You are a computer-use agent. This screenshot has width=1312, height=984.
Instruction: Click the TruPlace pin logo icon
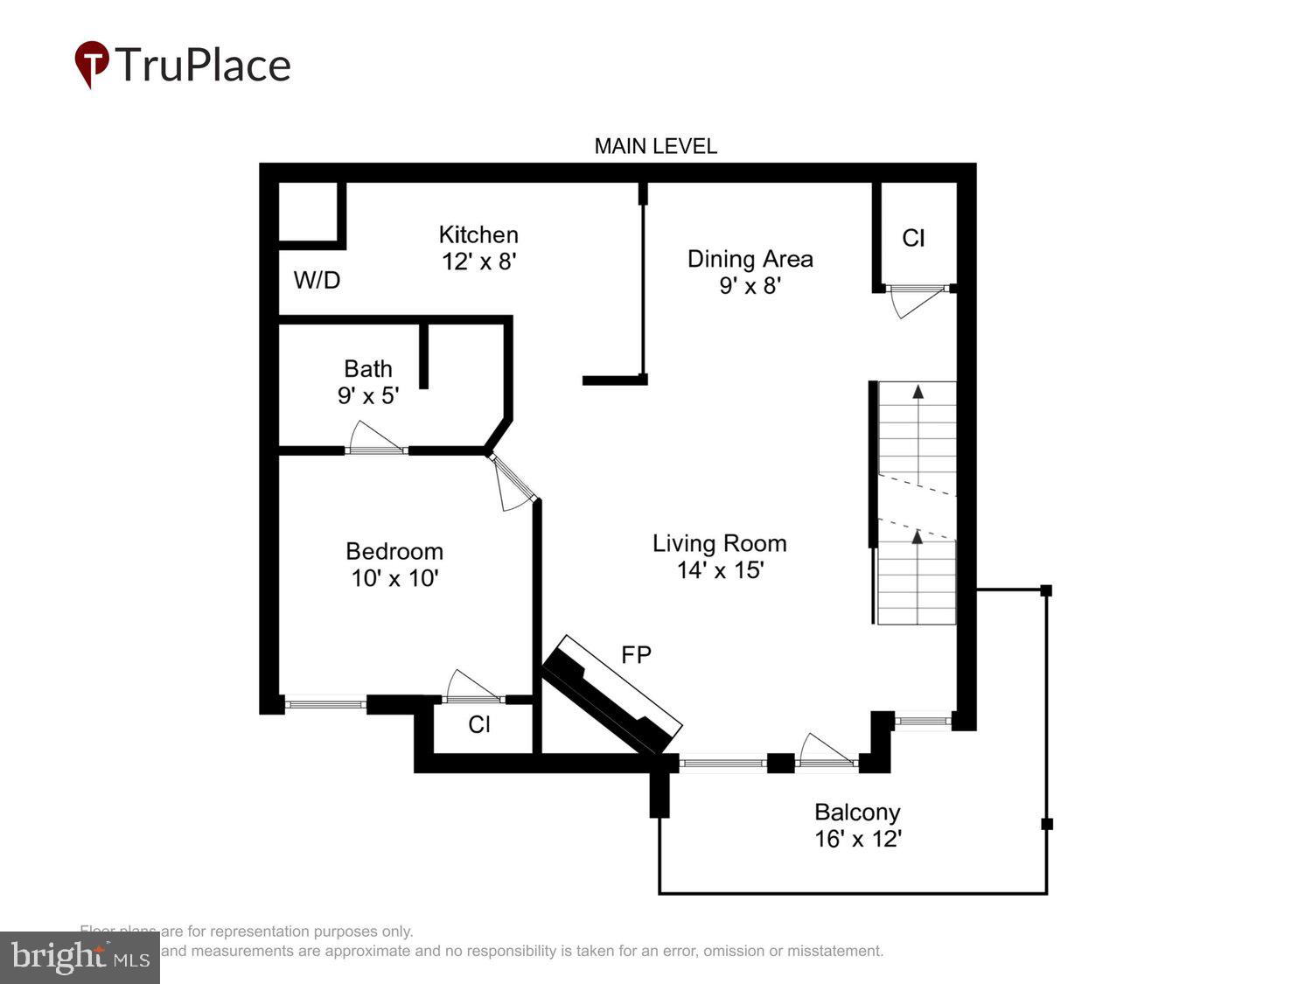92,64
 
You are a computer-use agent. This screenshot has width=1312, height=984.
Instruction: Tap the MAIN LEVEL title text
655,146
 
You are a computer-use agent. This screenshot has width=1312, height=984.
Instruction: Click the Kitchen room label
478,234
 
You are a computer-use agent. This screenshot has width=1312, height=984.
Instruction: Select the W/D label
317,280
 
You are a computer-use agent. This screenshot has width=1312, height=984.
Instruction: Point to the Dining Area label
750,259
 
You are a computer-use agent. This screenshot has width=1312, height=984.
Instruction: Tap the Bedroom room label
394,551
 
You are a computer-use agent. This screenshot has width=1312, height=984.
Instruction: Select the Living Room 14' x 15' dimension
720,570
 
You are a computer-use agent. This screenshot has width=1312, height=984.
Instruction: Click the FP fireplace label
636,654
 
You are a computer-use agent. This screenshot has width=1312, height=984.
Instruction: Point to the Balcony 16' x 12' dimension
857,839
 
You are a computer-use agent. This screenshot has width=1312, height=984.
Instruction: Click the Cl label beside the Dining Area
913,238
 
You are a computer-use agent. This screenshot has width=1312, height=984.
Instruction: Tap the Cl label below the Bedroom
478,724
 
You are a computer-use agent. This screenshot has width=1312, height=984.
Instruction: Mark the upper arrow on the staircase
918,392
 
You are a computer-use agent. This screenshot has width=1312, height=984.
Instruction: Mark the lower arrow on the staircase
918,536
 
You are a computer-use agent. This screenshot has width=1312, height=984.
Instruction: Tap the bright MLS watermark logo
80,957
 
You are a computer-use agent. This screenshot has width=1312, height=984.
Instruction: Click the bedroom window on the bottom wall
325,701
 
